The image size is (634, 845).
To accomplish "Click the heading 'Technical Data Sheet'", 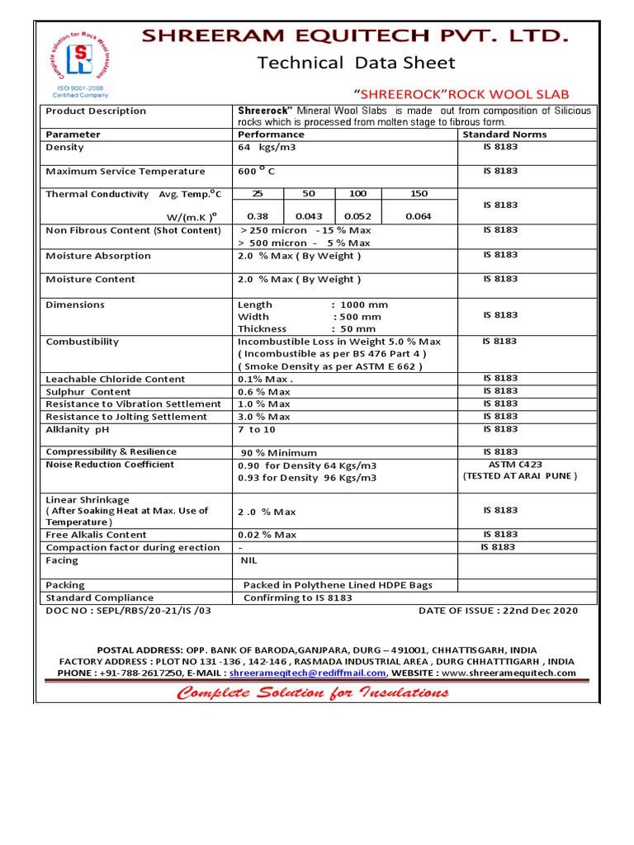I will tap(356, 64).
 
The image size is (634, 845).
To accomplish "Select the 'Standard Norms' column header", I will tap(504, 135).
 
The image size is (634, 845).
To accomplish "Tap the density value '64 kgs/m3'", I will tap(267, 148).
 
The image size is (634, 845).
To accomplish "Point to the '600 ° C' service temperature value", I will tap(256, 172).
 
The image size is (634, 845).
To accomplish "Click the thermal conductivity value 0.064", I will tap(419, 216).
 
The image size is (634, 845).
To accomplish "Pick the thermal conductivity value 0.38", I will tap(258, 216).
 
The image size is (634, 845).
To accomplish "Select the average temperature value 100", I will tap(358, 194).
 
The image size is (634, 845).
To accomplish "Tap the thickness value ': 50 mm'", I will tap(353, 328).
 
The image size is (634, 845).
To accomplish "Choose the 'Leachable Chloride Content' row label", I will tap(116, 379).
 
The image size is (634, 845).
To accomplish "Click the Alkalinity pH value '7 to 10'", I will tap(257, 430).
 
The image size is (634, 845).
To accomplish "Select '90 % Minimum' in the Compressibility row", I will tap(279, 452).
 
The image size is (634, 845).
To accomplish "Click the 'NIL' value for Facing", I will tap(248, 560).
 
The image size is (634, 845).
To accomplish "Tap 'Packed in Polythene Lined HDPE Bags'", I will tap(338, 585).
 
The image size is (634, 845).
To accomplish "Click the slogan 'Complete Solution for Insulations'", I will tap(313, 692).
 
